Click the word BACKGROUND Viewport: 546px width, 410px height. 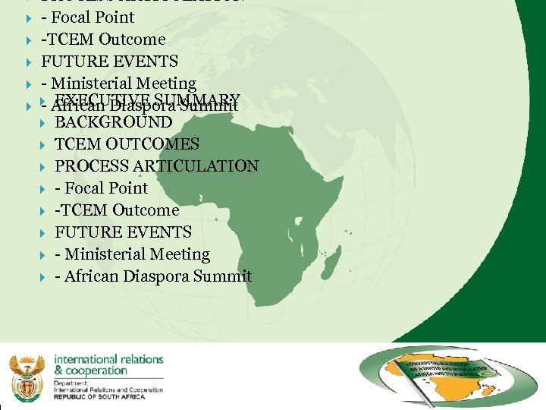[114, 122]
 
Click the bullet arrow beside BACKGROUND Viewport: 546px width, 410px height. [43, 122]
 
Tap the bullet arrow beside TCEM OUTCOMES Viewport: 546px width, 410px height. [43, 144]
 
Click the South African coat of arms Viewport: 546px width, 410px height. [25, 375]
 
